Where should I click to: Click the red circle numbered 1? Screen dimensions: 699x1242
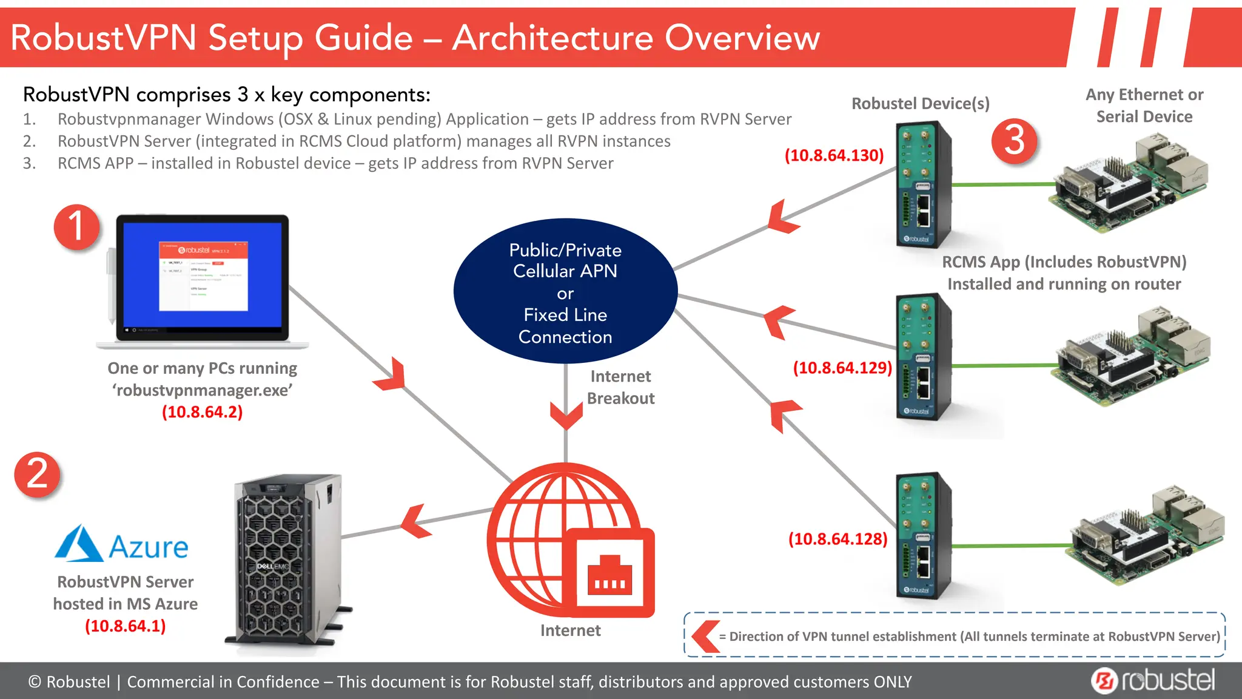[x=76, y=227]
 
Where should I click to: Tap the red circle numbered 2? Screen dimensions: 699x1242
[x=38, y=474]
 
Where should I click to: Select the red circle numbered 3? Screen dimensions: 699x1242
[x=1015, y=141]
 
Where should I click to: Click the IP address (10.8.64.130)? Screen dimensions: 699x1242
[x=834, y=155]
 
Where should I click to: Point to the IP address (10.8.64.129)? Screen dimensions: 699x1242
[x=842, y=368]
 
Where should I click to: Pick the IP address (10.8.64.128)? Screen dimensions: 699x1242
[x=838, y=539]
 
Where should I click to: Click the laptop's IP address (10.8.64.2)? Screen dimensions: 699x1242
[x=202, y=412]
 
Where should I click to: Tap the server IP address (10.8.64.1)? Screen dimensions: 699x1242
[x=125, y=626]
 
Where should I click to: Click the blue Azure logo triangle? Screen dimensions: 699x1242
[x=79, y=544]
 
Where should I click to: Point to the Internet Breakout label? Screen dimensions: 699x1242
[x=620, y=387]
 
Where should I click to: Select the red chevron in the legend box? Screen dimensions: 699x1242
[x=705, y=636]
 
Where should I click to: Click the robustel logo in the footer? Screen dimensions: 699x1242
[x=1153, y=680]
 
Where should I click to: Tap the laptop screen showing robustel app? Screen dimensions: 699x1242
[x=203, y=276]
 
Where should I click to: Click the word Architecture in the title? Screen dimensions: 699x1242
[x=552, y=38]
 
